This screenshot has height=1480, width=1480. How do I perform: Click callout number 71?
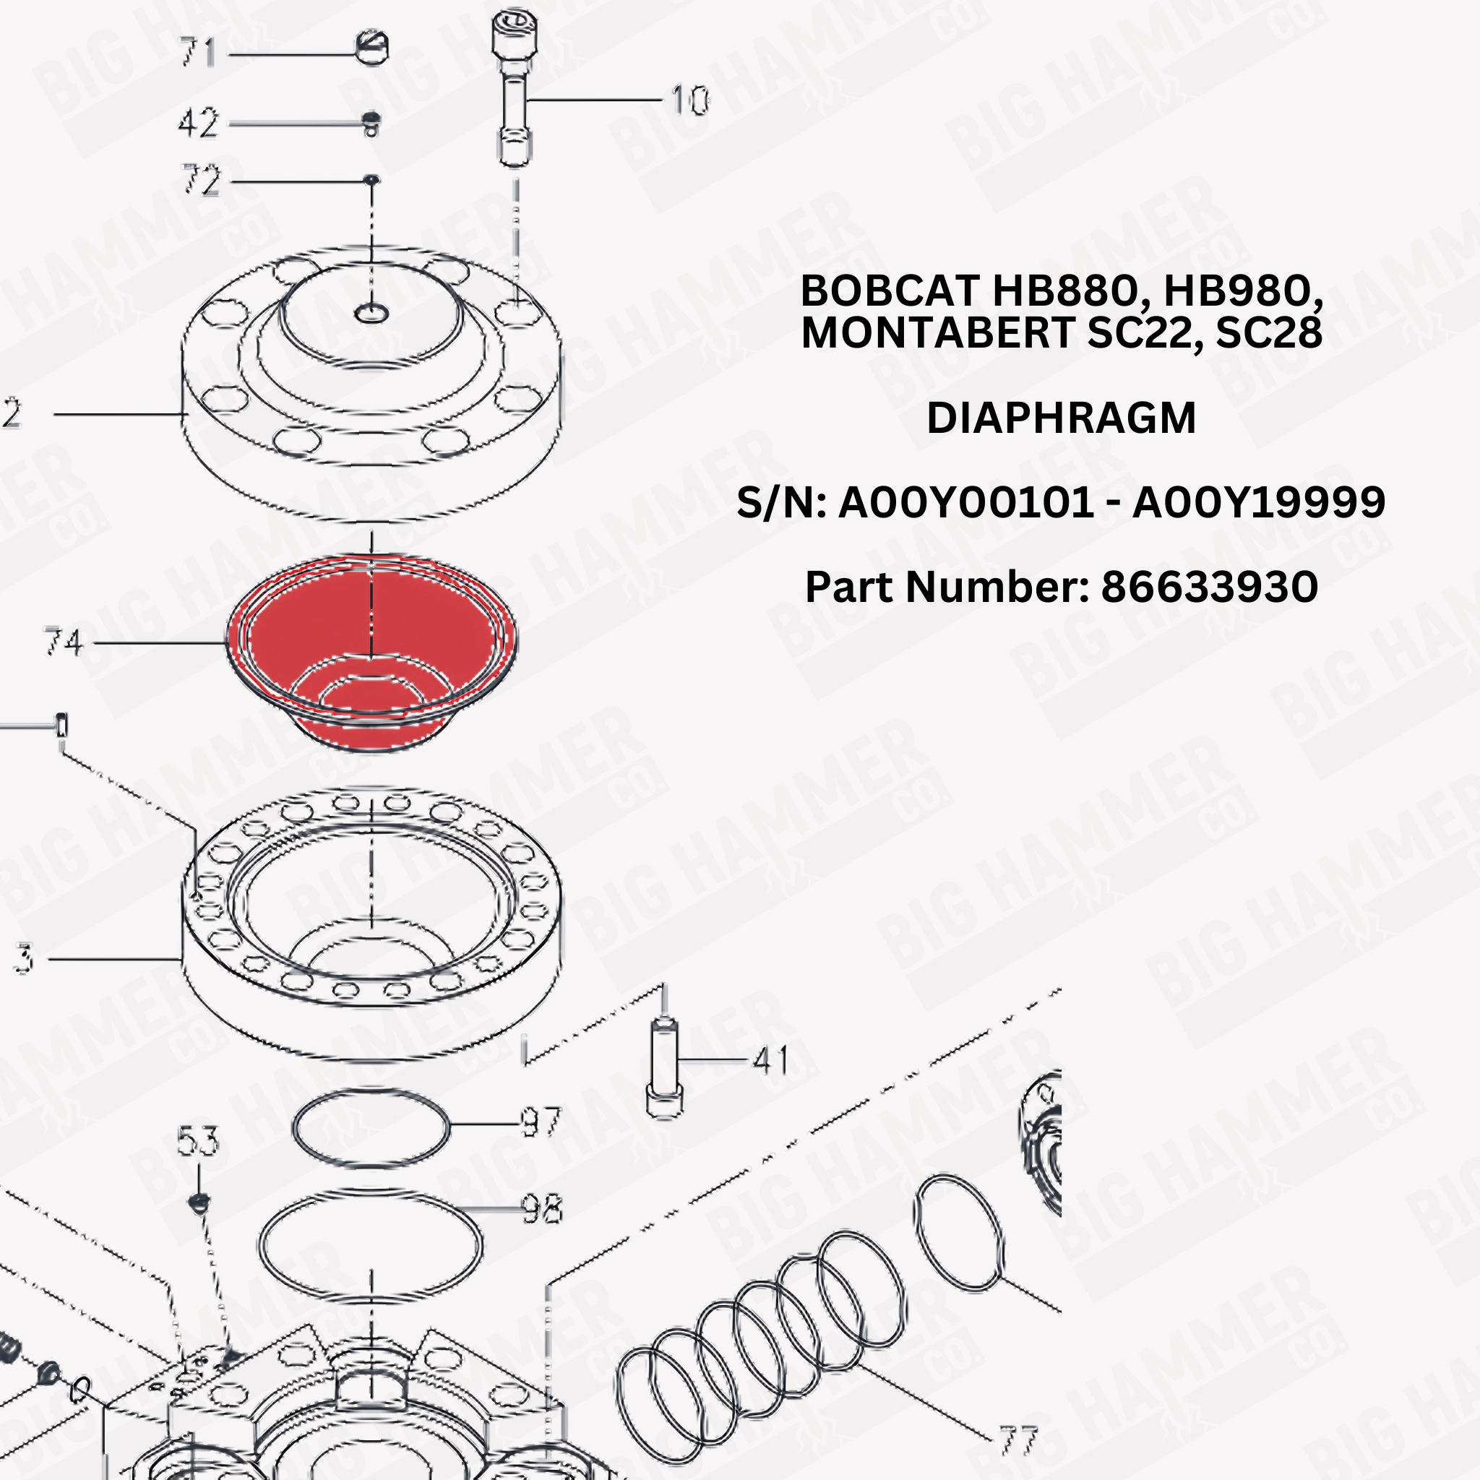point(197,53)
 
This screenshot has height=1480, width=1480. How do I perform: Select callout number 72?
point(201,181)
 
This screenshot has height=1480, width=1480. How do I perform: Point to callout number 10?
point(689,100)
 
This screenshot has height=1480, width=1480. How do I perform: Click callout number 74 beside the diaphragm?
point(63,642)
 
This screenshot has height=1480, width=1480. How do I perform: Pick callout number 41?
point(770,1060)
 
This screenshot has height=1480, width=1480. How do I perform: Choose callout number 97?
point(541,1123)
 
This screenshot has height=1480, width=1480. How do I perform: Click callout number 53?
point(197,1140)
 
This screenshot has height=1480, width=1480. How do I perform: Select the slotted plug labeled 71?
point(372,48)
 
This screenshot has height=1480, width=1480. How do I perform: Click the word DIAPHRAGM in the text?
point(1061,418)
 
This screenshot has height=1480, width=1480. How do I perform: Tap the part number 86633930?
point(1209,587)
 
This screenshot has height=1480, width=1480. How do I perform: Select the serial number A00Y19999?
point(1259,502)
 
